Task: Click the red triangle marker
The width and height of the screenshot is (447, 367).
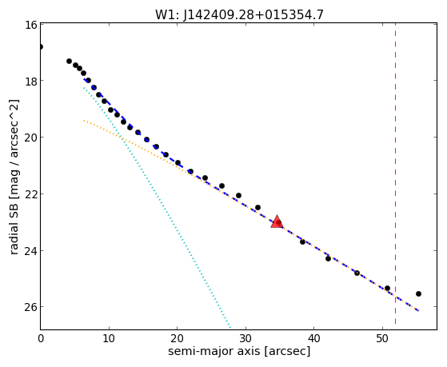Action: coord(277,222)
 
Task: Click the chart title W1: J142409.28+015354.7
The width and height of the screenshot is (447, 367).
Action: coord(239,15)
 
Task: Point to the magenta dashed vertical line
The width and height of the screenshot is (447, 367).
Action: coord(395,174)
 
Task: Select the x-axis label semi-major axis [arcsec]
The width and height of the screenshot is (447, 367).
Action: coord(239,351)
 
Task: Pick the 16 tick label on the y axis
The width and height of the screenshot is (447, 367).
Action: coord(31,25)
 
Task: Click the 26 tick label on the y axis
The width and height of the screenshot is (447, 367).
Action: coord(31,307)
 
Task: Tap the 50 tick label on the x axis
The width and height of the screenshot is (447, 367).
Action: coord(382,338)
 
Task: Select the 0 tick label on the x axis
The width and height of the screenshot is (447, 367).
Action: coord(41,338)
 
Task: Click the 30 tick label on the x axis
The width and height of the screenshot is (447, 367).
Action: coord(245,338)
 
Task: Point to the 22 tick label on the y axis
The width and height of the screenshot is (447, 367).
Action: coord(31,194)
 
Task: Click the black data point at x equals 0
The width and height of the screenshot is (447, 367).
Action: coord(41,46)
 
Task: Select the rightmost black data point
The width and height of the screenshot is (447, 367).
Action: coord(418,293)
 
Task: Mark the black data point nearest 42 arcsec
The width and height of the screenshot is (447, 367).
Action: coord(328,258)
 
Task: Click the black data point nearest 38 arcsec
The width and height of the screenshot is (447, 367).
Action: coord(302,241)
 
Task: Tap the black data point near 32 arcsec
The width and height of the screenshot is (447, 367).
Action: coord(257,207)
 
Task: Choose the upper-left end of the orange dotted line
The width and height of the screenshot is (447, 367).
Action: coord(84,121)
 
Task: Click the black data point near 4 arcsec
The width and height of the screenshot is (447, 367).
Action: coord(69,61)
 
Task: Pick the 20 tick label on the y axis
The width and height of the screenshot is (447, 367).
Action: coord(31,138)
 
